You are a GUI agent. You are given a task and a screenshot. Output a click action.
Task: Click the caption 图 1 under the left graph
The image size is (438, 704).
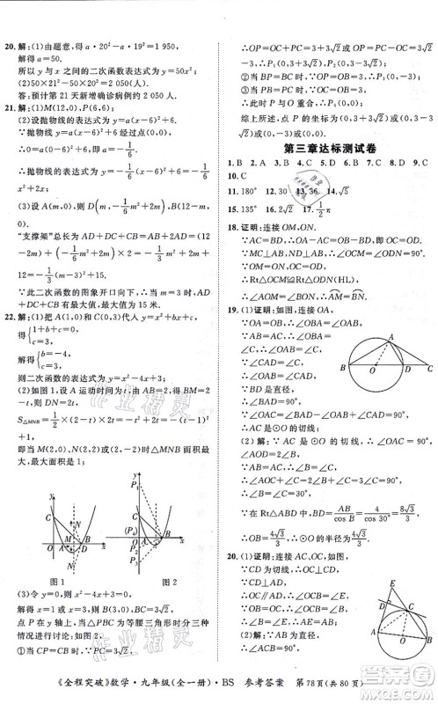[x=58, y=583]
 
